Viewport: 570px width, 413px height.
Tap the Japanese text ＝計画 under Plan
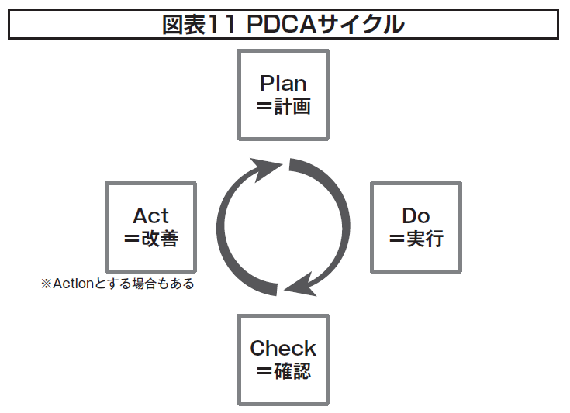(283, 107)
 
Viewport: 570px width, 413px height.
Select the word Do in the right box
(416, 215)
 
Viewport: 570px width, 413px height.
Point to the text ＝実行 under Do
(416, 239)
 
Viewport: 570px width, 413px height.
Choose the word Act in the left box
(150, 215)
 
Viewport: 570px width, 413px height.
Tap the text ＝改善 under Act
(150, 239)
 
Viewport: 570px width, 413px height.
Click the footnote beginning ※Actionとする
(117, 284)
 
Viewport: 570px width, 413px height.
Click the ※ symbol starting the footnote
(45, 284)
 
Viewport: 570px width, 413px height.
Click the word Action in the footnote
(72, 284)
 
